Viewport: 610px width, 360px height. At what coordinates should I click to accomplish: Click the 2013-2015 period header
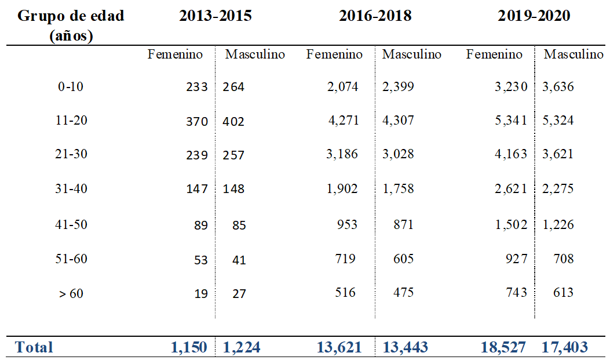(x=215, y=16)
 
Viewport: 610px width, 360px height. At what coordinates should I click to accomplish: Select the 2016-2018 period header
(x=375, y=16)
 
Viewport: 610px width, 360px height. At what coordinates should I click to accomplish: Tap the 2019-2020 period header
(x=534, y=16)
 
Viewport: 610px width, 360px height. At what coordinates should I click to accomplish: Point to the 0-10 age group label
(x=71, y=87)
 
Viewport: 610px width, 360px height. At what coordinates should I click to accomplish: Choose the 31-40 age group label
(x=71, y=189)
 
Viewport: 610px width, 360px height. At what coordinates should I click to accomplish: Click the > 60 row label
(x=71, y=293)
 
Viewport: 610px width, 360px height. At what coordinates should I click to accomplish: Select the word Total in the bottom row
(x=34, y=347)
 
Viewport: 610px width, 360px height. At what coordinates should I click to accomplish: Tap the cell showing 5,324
(x=558, y=121)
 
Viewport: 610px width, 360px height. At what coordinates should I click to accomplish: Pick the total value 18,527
(x=502, y=347)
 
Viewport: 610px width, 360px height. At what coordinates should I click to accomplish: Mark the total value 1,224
(x=242, y=347)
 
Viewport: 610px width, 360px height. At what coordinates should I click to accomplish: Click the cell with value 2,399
(x=398, y=87)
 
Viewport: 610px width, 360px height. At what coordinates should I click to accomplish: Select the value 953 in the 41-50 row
(x=347, y=224)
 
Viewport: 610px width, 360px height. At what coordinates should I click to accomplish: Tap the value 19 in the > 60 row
(x=200, y=293)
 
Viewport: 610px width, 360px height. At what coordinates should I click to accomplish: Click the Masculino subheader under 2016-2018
(x=411, y=54)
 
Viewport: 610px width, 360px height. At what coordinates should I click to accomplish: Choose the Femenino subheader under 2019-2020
(x=494, y=54)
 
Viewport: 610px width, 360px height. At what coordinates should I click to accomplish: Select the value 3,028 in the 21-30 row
(x=398, y=155)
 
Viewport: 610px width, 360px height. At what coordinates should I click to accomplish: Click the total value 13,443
(x=405, y=347)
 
